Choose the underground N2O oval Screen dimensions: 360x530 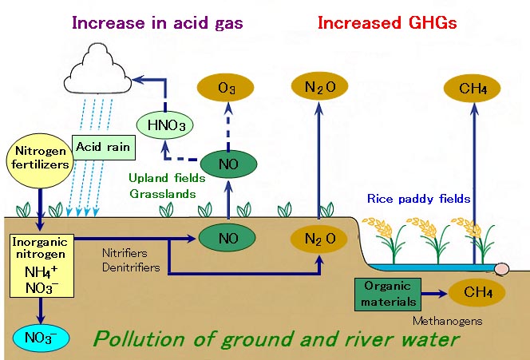point(318,238)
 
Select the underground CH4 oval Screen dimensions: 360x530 point(477,293)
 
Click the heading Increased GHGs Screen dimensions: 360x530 point(386,23)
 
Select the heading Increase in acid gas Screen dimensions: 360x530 point(157,23)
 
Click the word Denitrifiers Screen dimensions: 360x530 point(131,267)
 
